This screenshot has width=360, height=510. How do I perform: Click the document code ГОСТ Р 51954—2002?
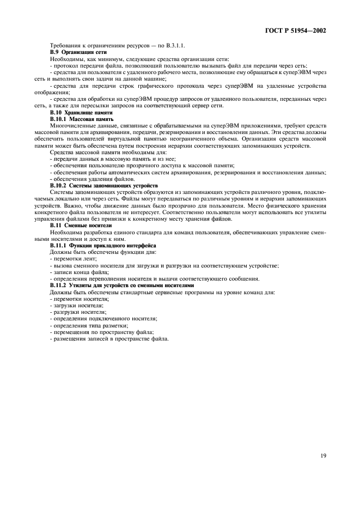pos(295,31)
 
